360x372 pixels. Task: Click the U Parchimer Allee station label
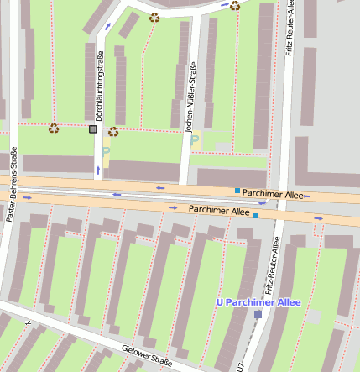258,301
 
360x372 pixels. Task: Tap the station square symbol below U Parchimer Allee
258,314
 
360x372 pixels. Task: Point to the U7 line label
240,366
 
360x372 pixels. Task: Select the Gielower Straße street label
147,357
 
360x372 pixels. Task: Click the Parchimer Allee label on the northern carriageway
273,194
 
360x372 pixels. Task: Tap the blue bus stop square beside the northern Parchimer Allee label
237,191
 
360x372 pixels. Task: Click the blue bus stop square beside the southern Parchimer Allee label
256,215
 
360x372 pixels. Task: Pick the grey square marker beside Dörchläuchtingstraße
92,128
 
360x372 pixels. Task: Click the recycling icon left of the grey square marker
54,128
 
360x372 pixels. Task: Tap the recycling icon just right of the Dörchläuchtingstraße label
113,131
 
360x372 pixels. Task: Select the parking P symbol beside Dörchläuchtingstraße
106,151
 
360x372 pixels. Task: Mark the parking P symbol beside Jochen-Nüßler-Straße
196,139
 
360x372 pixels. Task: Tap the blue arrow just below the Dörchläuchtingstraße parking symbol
98,170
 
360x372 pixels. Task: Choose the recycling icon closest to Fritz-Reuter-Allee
234,6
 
